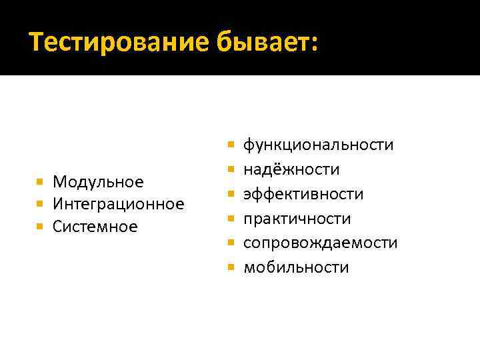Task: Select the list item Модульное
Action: (99, 181)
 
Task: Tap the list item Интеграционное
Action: (119, 204)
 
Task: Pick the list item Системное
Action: (95, 227)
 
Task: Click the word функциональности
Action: (318, 145)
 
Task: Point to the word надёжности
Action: (291, 169)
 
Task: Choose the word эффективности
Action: (303, 194)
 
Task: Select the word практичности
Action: (297, 219)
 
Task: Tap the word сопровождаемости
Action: (320, 243)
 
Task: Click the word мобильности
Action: (296, 268)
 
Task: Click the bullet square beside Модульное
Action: (41, 181)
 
